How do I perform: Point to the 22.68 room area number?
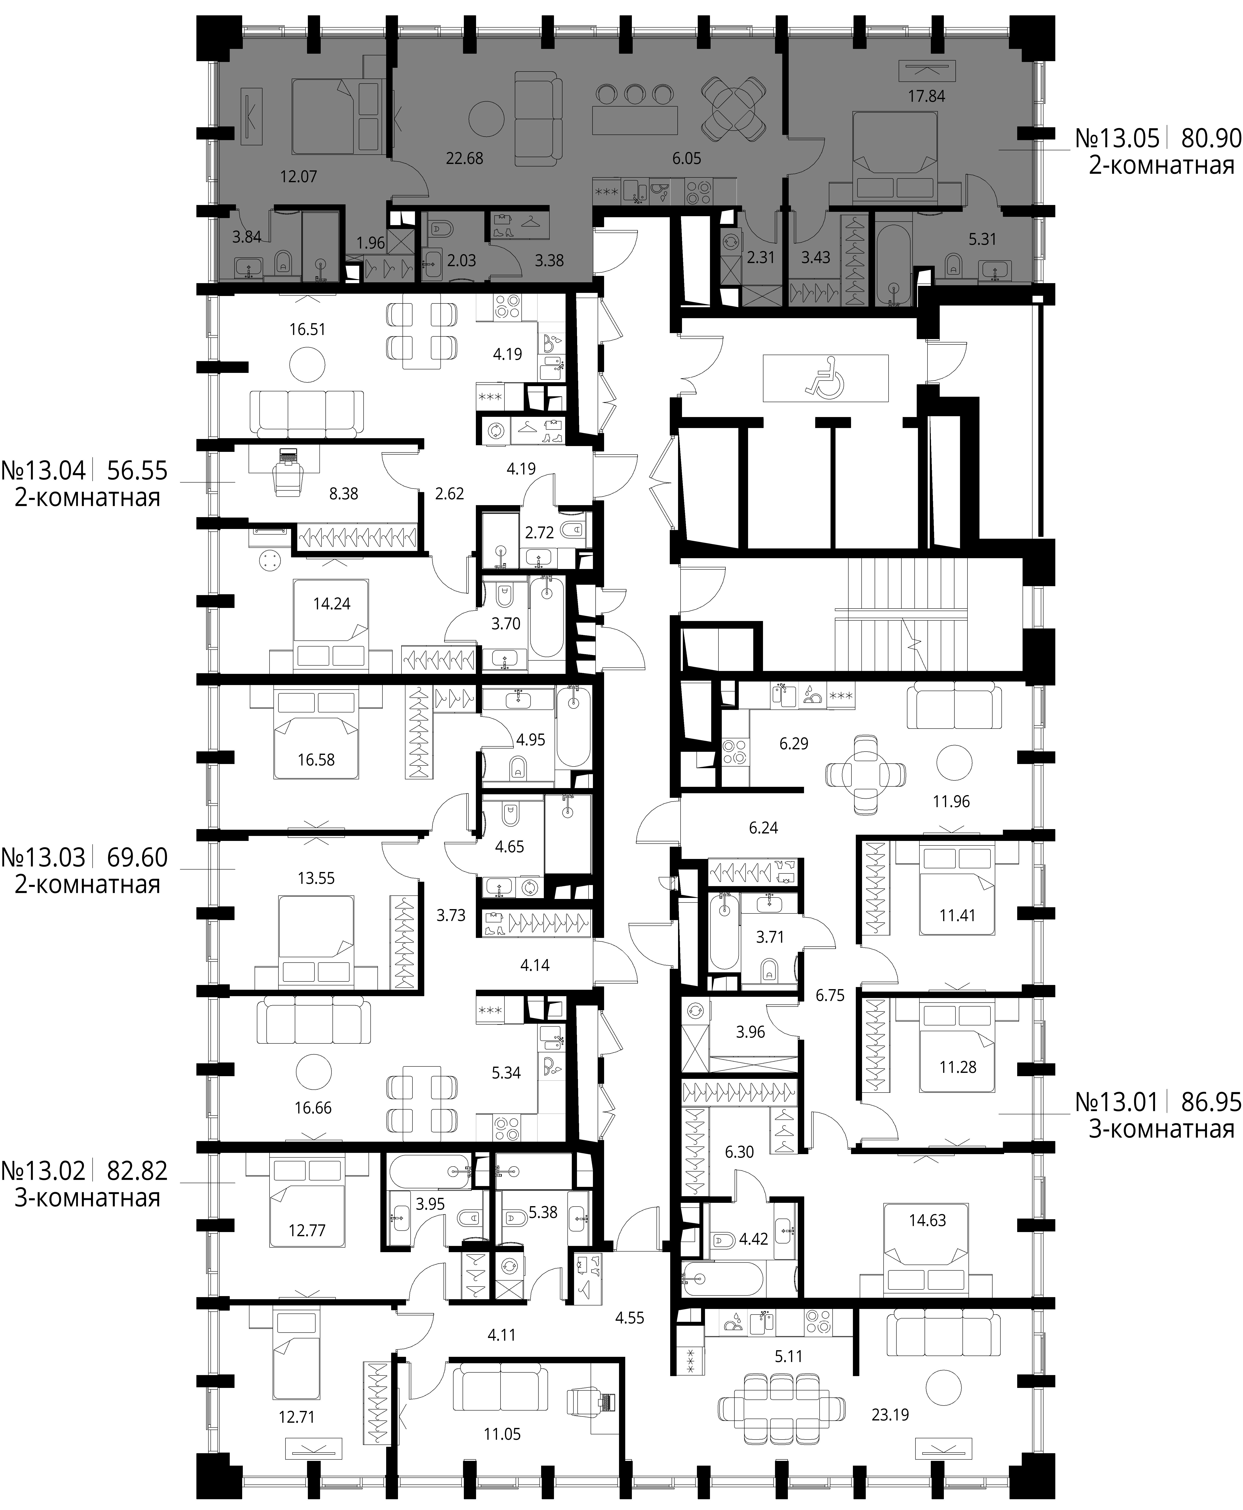(x=465, y=158)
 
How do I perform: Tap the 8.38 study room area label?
(x=344, y=494)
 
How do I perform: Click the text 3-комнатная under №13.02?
(x=87, y=1198)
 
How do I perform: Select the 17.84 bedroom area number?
(x=926, y=96)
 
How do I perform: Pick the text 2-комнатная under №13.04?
(x=87, y=497)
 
